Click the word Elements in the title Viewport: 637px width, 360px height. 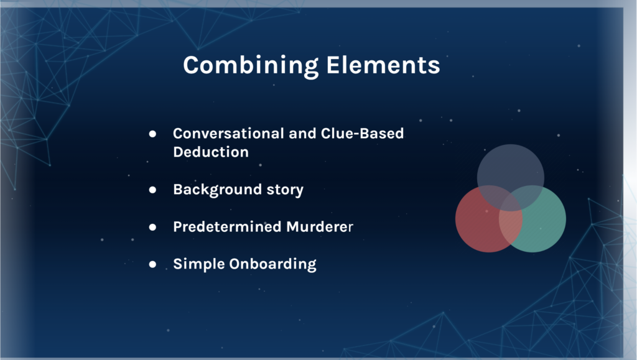point(383,65)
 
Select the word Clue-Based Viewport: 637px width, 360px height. point(363,134)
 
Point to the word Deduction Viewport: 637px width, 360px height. point(211,152)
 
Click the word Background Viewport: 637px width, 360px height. point(217,190)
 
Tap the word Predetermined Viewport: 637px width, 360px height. point(227,226)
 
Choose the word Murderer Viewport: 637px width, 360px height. point(320,226)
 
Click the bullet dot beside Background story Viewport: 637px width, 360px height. point(152,190)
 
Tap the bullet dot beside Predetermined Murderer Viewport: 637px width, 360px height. point(152,227)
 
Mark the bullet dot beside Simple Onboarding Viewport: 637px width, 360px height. point(152,264)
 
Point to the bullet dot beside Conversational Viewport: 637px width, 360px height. point(152,134)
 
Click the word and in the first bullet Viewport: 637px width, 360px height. point(302,134)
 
